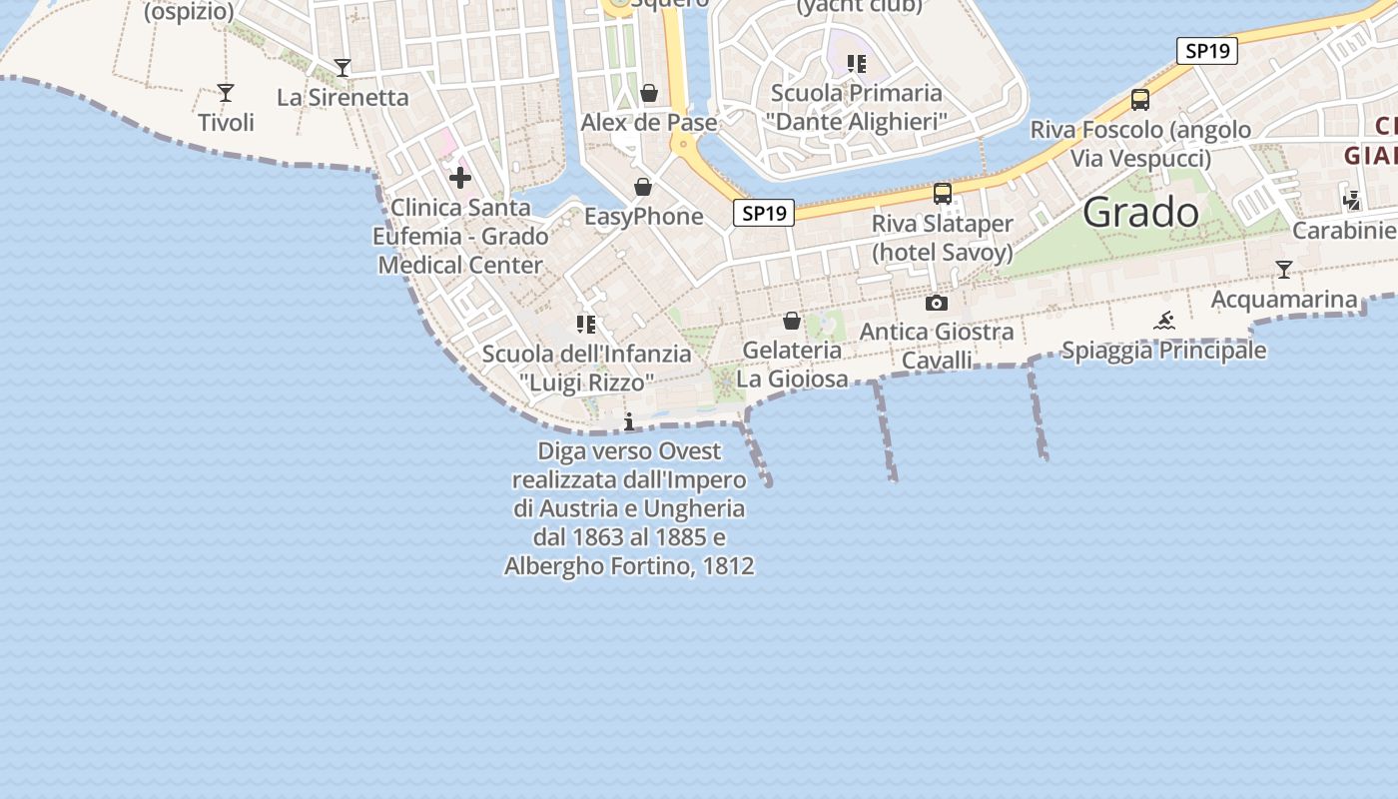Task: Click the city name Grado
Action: click(1140, 212)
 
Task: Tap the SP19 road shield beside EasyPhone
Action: click(764, 213)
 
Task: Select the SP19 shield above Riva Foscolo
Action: click(1206, 51)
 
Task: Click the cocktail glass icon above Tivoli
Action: click(226, 93)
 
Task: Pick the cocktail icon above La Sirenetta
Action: click(343, 68)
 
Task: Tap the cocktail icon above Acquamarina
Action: click(1283, 270)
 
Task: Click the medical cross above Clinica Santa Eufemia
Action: click(460, 178)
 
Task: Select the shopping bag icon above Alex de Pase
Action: click(649, 93)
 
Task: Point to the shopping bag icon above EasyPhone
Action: click(643, 187)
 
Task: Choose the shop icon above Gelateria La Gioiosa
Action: click(792, 321)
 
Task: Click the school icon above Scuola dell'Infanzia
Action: click(586, 324)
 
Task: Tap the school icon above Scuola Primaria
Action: click(856, 64)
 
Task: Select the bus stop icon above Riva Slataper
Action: click(942, 194)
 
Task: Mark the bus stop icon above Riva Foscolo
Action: click(1140, 100)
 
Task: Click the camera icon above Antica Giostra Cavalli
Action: click(937, 303)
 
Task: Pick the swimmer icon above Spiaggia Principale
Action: click(1163, 321)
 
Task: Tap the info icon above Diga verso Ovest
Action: click(629, 422)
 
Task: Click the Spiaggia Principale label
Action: click(1163, 351)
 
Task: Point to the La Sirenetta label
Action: click(343, 97)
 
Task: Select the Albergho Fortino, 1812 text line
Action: click(629, 566)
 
